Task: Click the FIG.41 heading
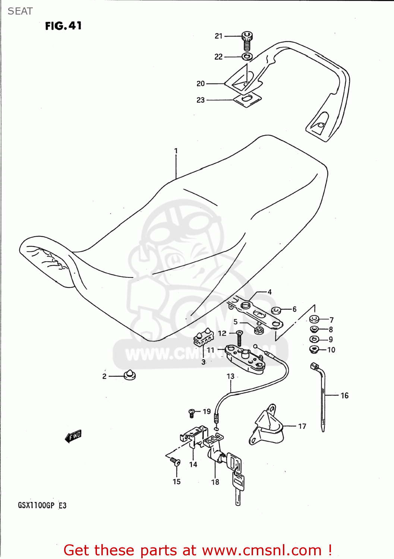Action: (63, 26)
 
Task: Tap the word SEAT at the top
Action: (20, 11)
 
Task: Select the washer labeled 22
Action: (247, 57)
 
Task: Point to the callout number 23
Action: (201, 100)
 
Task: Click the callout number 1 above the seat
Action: (176, 151)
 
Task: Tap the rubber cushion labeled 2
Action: (129, 375)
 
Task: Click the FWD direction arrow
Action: (73, 436)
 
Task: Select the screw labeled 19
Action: (192, 413)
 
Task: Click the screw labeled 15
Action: (175, 462)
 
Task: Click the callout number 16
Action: (344, 395)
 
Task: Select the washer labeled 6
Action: (276, 310)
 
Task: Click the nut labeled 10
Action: (314, 350)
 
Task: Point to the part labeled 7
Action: (314, 319)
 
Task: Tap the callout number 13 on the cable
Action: (231, 376)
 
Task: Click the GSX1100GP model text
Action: (36, 505)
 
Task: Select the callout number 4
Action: (270, 292)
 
